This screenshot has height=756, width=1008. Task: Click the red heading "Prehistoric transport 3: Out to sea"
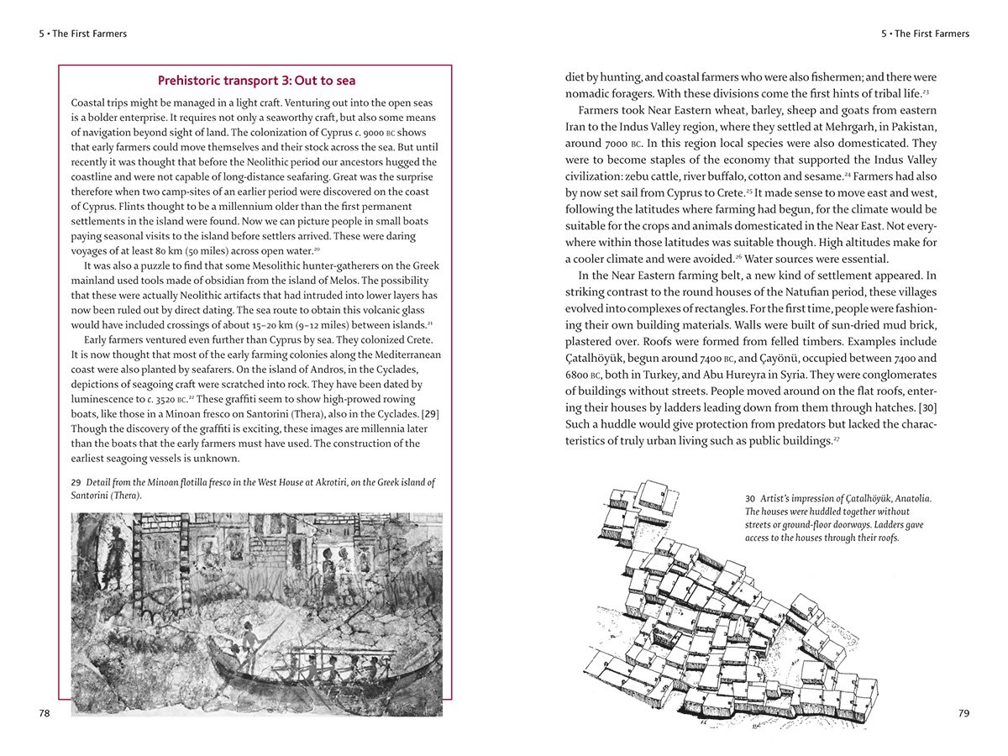click(256, 81)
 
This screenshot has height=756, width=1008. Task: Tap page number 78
click(45, 713)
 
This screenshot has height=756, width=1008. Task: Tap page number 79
click(963, 713)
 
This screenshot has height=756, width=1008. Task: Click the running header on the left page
click(82, 34)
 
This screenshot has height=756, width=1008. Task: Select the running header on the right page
click(925, 34)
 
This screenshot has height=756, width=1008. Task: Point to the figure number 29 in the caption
click(76, 483)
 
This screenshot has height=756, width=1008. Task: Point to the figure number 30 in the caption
click(750, 498)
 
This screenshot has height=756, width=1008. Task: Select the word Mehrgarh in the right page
click(828, 126)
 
